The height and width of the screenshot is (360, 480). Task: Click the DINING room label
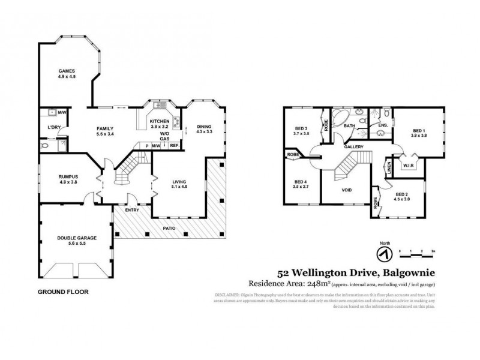[205, 127]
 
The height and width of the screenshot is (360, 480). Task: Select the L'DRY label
[55, 128]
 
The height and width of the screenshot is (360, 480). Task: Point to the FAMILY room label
[105, 128]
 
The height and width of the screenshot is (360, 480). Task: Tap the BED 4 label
[301, 182]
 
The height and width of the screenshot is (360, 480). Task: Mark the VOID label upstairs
[347, 190]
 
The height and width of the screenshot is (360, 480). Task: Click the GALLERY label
[353, 147]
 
